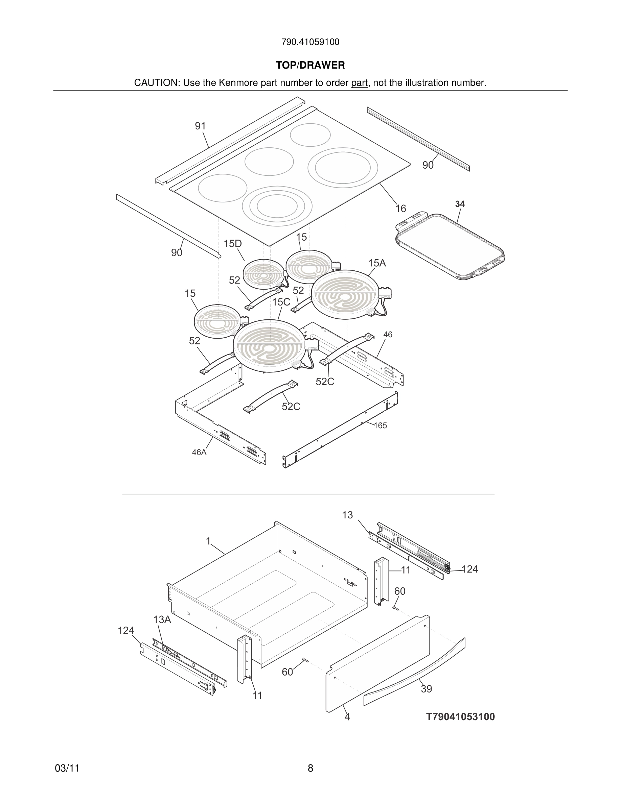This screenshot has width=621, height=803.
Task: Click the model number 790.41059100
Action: click(x=310, y=42)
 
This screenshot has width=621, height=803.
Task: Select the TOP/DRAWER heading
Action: click(x=310, y=65)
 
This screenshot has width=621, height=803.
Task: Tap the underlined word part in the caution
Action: click(x=359, y=83)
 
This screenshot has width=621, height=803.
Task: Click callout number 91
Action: click(x=200, y=126)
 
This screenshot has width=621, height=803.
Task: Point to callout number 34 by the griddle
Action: click(x=460, y=204)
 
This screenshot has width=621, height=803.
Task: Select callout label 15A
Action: click(x=377, y=263)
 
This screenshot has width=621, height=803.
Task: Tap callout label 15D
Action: click(x=232, y=244)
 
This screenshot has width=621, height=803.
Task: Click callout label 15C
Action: click(x=281, y=302)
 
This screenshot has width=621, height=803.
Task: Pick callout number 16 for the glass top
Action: click(x=400, y=209)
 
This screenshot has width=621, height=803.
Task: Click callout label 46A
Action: click(x=199, y=452)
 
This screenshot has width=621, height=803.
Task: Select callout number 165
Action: click(x=381, y=425)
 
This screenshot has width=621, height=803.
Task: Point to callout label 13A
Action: click(x=162, y=619)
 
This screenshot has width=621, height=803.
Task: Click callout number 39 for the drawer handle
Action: click(x=426, y=689)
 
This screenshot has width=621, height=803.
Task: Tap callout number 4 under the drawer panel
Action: click(x=347, y=716)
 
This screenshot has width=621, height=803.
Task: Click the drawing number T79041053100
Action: click(x=460, y=716)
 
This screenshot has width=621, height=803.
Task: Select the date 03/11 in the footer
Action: click(x=67, y=768)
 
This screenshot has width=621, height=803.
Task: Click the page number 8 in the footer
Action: click(x=310, y=768)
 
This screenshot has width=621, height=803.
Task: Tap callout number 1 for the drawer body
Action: click(x=208, y=541)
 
